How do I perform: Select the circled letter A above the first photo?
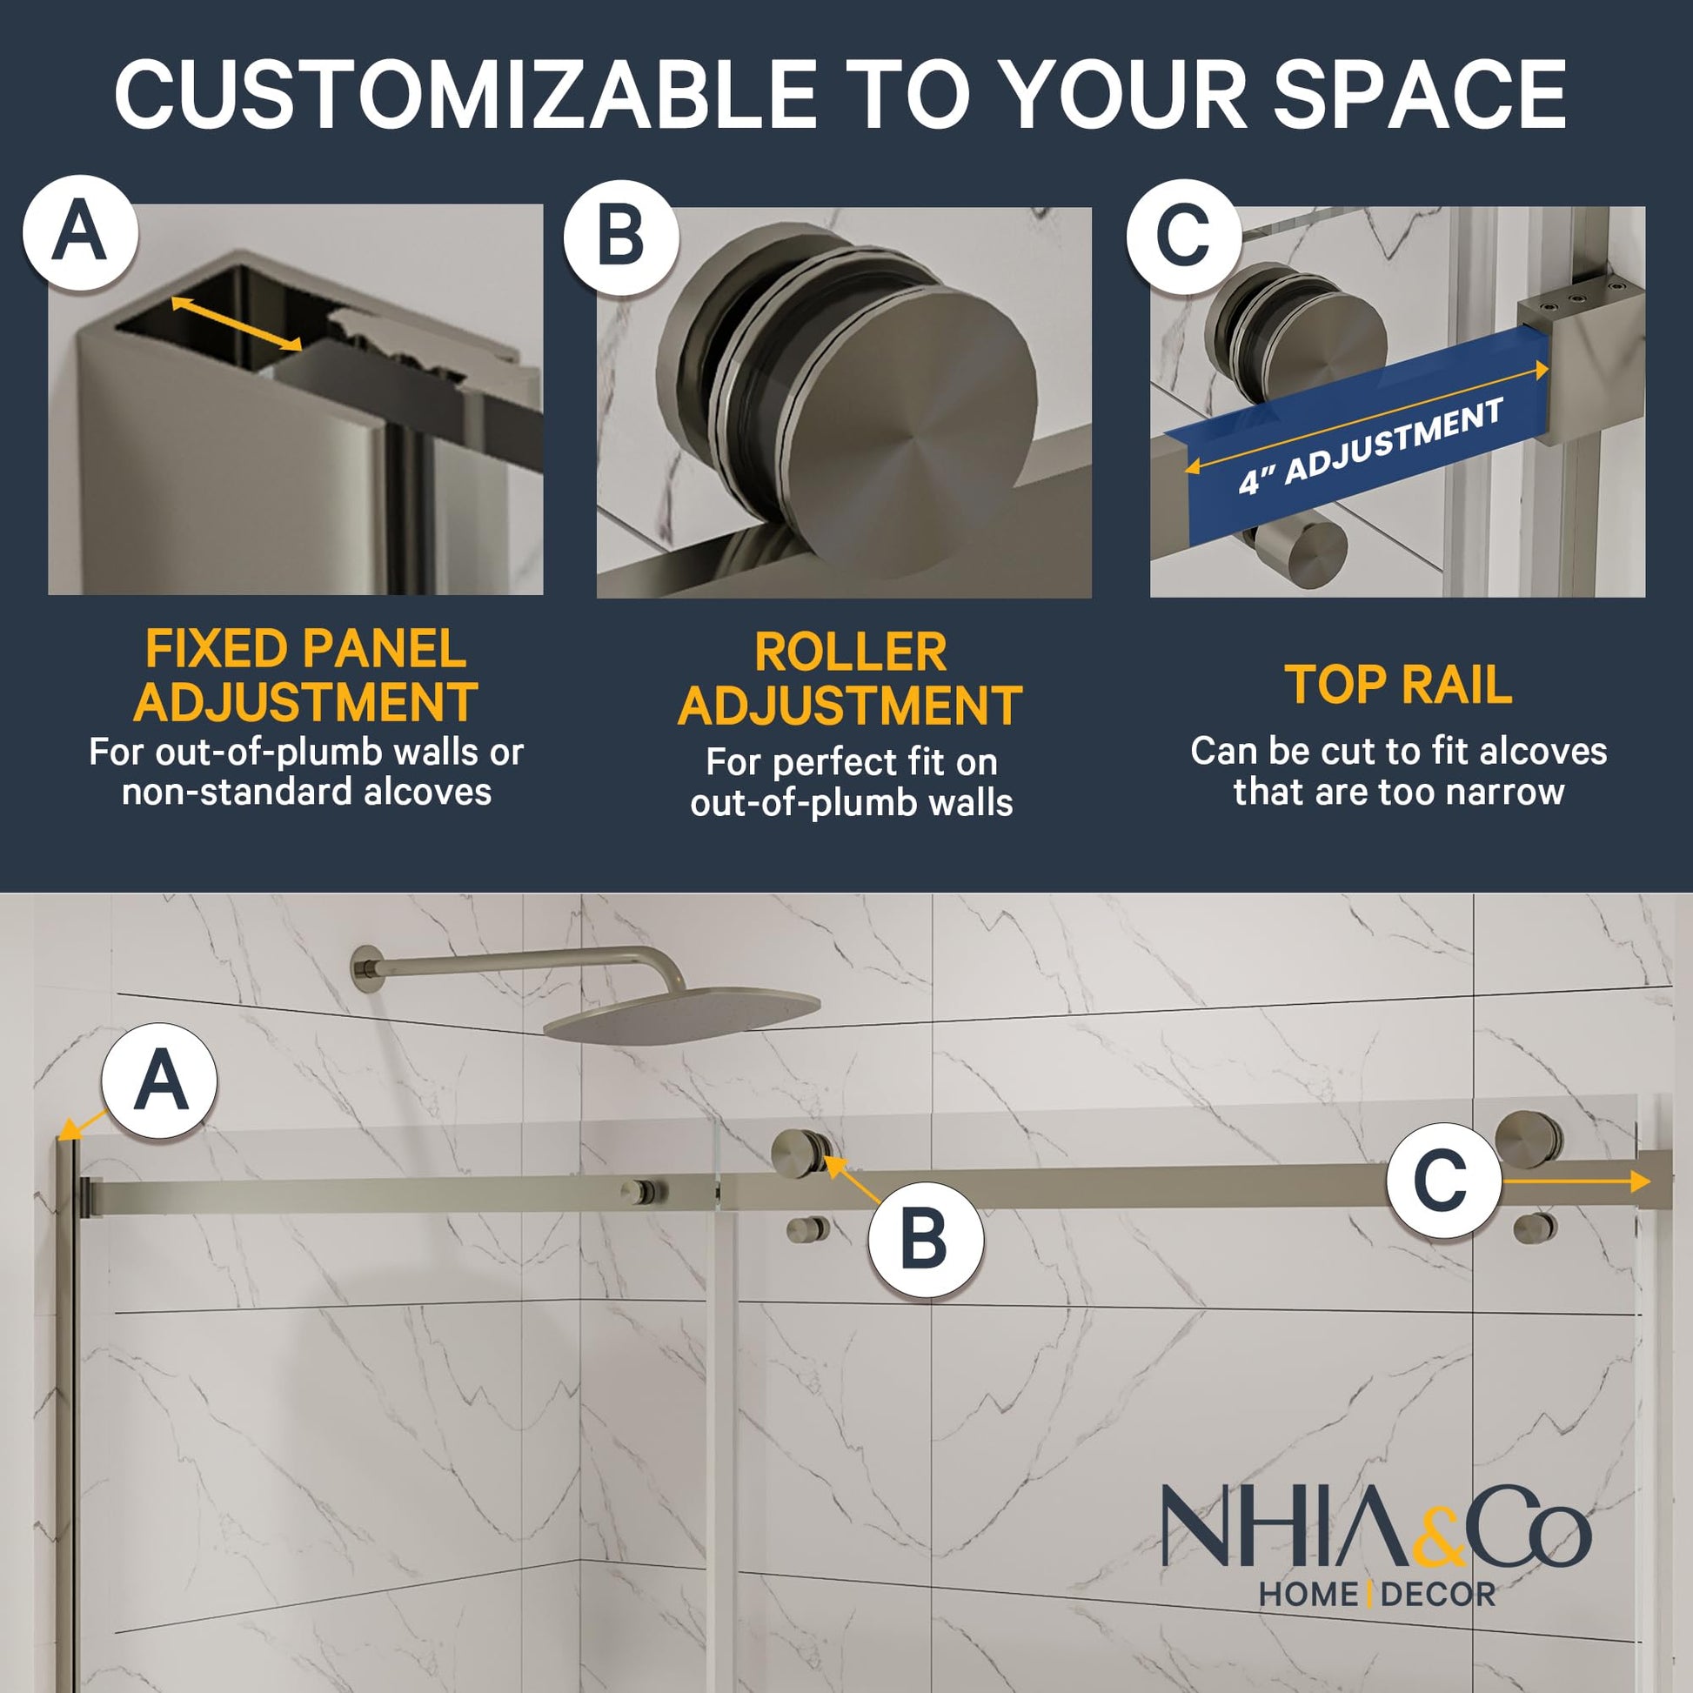(81, 233)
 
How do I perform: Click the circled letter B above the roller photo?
(621, 237)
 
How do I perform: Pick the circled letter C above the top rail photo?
(1184, 236)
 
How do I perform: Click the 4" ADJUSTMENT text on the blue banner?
(1371, 445)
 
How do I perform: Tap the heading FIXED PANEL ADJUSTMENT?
(306, 675)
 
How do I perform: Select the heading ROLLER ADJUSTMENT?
(850, 679)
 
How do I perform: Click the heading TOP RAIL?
(1399, 685)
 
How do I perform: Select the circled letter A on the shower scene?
(159, 1081)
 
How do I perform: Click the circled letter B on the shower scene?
(926, 1240)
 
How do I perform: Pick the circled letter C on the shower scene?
(1444, 1181)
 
